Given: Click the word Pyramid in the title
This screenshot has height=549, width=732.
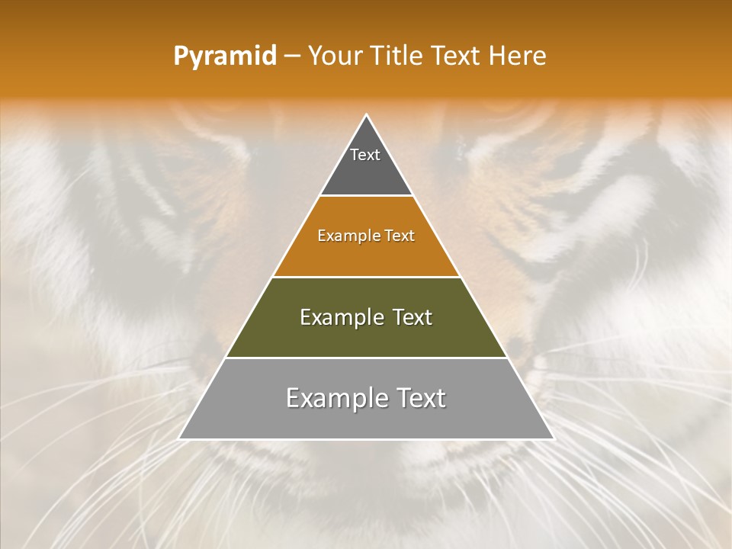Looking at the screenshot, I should (224, 56).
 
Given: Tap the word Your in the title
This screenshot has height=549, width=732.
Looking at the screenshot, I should (333, 56).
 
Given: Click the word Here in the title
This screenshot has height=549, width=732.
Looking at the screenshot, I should (518, 56).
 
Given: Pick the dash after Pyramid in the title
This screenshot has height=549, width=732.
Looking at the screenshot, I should (292, 56).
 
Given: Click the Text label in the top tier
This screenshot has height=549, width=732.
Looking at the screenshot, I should (365, 155).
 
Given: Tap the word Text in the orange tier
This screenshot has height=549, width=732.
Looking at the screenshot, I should (400, 236).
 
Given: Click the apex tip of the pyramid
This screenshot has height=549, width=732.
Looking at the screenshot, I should (367, 116).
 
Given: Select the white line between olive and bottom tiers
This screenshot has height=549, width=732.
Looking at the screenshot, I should (366, 358).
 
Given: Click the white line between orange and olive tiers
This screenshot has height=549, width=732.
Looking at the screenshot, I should (366, 277).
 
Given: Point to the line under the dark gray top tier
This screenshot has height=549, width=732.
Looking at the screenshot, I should (366, 196).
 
